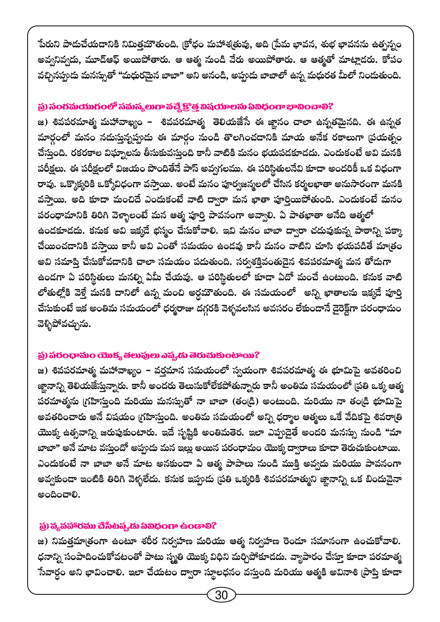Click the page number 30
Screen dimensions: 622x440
tap(221, 595)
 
